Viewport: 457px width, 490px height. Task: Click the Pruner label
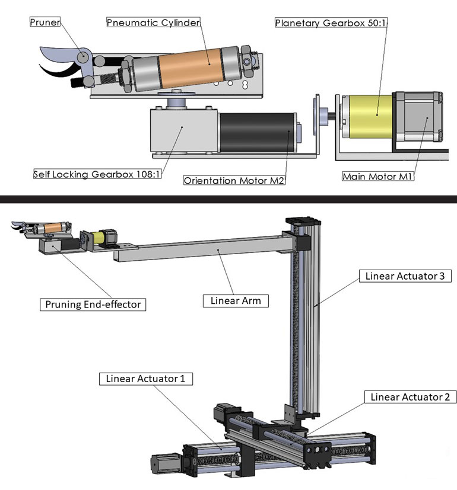click(45, 22)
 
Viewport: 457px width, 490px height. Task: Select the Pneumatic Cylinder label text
click(153, 23)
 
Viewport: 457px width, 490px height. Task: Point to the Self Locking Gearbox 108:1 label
click(97, 174)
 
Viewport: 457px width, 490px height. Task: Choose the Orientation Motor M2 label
click(234, 180)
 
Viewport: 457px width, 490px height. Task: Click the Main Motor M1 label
click(377, 177)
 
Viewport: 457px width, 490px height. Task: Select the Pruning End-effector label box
click(93, 305)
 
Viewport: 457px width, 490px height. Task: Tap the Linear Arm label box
click(236, 300)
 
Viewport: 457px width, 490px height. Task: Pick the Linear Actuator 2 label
click(410, 396)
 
